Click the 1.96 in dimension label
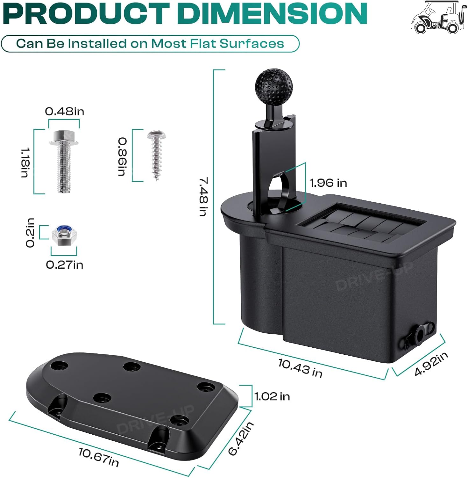coord(328,183)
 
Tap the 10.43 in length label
coord(300,368)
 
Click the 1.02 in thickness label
coord(272,396)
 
